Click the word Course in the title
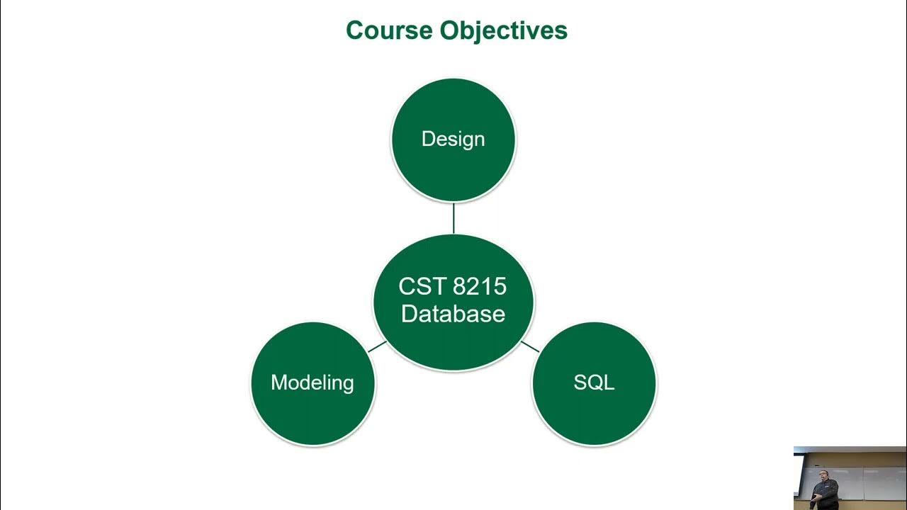click(x=389, y=30)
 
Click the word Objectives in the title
click(x=503, y=30)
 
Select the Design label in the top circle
click(x=453, y=139)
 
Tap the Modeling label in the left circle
click(x=312, y=382)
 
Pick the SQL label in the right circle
click(x=594, y=382)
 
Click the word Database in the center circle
click(x=453, y=314)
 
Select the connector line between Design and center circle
click(x=453, y=217)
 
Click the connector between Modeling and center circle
click(x=377, y=347)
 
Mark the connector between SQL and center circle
click(x=530, y=346)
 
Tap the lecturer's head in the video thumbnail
click(x=823, y=474)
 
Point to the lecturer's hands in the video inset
click(x=816, y=497)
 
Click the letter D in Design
click(x=427, y=139)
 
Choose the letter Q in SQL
click(x=594, y=382)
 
